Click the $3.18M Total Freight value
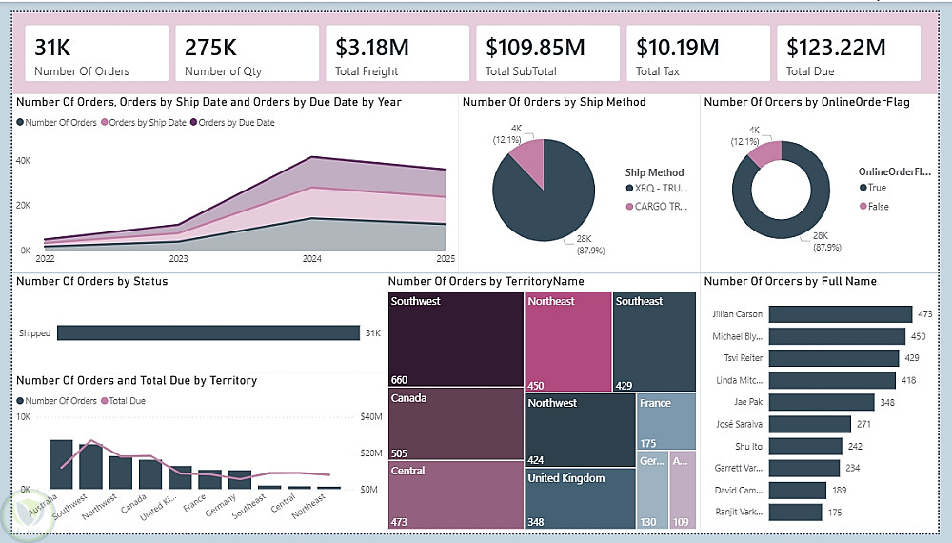(368, 47)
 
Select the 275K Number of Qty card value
(210, 47)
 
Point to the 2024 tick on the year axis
(312, 258)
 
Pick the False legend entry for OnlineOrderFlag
(877, 206)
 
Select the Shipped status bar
(208, 332)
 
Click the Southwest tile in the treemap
(456, 339)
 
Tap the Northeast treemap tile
(568, 339)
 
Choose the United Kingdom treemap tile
(580, 496)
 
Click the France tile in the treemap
(666, 420)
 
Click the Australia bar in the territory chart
(61, 464)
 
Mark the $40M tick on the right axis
(370, 417)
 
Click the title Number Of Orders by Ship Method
(554, 102)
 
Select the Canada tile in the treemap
(456, 423)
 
